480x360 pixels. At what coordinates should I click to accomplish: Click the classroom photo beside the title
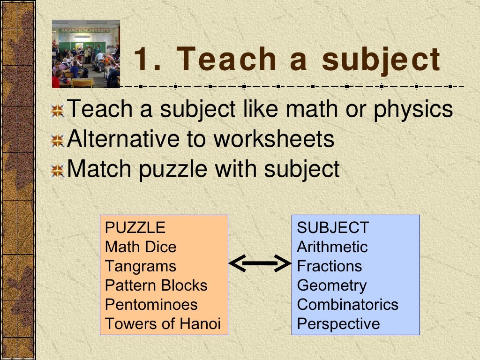pos(86,54)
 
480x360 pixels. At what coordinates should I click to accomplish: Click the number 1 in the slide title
pos(143,60)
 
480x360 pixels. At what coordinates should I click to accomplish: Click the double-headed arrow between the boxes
pos(260,264)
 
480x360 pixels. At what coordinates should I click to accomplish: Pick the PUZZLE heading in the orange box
pos(135,228)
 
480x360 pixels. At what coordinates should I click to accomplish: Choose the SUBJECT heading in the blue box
pos(333,228)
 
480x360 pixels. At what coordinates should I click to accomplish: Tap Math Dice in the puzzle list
pos(141,247)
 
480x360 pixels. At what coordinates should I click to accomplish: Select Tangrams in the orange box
pos(141,266)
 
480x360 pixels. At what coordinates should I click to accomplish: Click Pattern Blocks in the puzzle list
pos(156,285)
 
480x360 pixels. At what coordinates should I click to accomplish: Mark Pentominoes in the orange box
pos(151,305)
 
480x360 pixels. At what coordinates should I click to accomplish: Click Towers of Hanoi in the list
pos(163,324)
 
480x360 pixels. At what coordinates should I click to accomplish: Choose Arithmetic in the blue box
pos(332,247)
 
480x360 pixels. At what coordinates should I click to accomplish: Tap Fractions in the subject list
pos(330,266)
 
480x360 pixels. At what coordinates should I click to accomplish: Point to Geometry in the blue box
pos(331,285)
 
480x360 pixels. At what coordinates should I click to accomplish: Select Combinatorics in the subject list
pos(347,305)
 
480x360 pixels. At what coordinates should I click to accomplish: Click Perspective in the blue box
pos(338,324)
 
